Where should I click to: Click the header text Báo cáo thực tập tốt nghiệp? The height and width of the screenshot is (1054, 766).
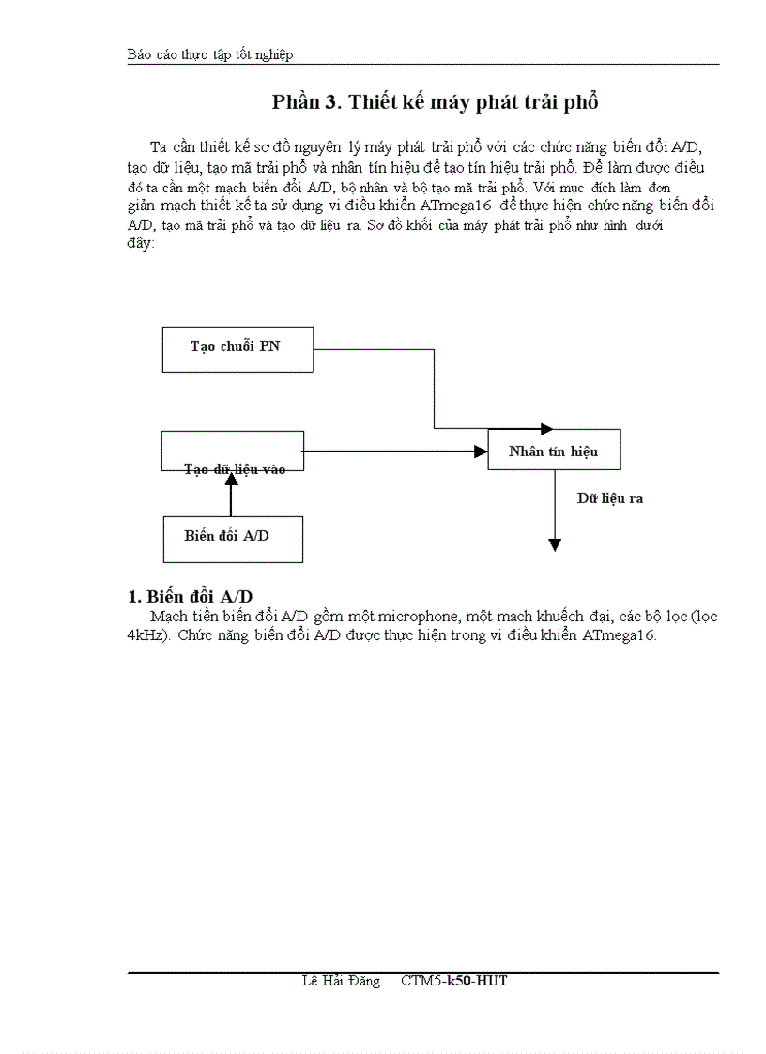point(210,54)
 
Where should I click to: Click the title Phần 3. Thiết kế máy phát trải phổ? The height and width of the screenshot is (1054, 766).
point(435,102)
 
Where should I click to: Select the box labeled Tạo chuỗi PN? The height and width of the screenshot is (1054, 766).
point(237,347)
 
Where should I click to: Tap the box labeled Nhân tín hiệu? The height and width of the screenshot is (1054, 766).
point(554,451)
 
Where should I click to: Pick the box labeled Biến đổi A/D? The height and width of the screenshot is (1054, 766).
point(233,538)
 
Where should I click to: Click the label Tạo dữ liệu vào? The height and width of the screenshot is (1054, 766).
point(235,468)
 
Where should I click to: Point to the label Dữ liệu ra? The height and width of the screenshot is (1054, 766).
point(609,498)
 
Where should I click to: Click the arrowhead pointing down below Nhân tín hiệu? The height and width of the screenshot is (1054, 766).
point(555,544)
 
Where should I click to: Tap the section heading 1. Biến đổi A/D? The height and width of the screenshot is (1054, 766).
point(190,597)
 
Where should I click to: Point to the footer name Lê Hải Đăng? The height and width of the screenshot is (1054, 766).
point(341,981)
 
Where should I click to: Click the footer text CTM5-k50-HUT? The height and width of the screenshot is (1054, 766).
point(453,981)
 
